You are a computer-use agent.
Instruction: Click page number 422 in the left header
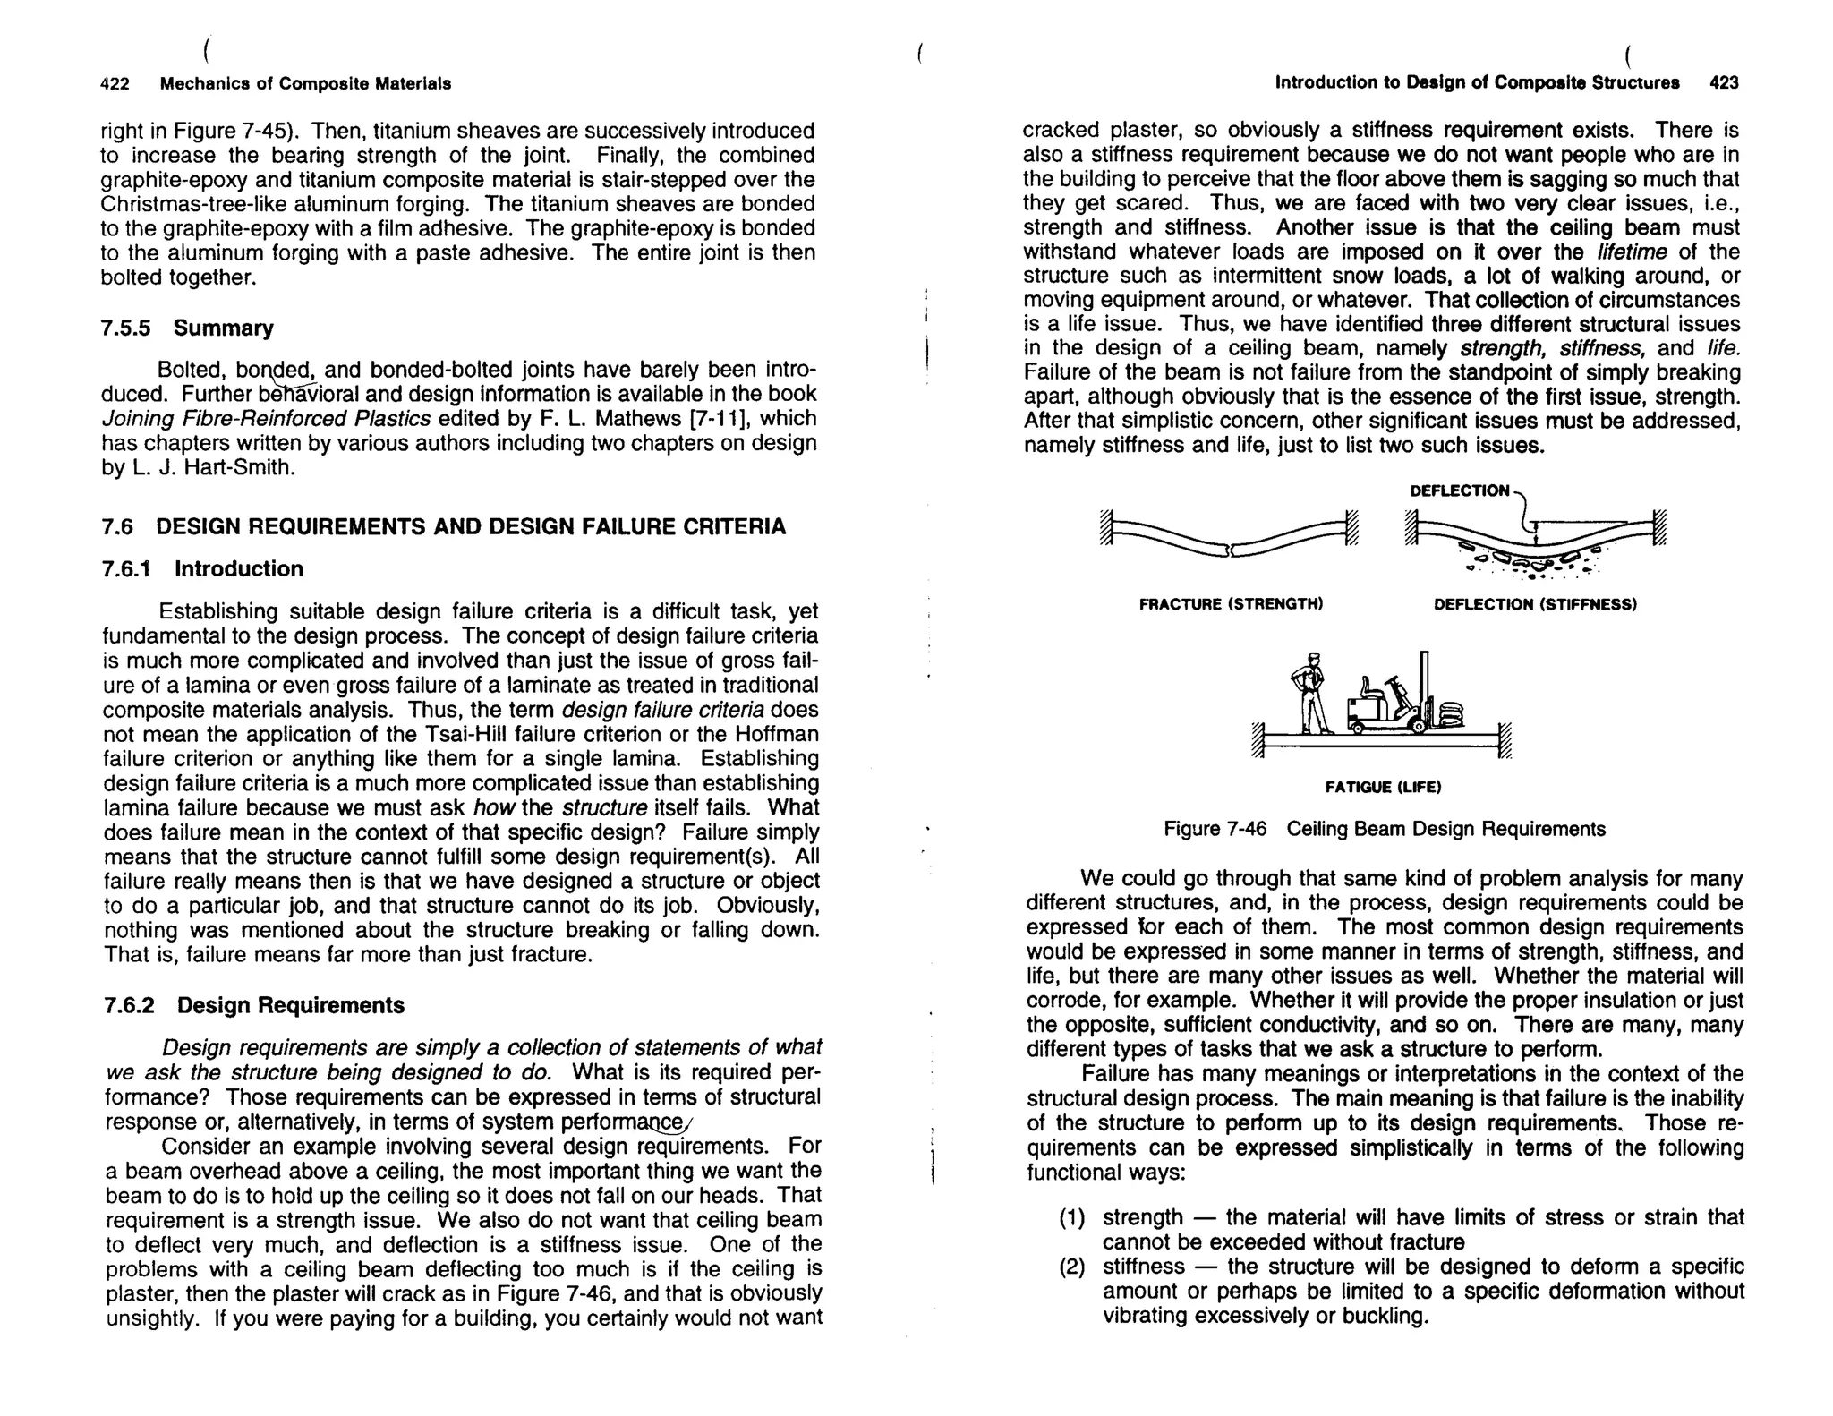115,84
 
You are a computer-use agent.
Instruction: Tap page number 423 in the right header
1724,83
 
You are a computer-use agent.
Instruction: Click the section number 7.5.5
125,328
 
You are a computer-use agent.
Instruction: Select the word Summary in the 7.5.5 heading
224,328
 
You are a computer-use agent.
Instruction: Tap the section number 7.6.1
126,569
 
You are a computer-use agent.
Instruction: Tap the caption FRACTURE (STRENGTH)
1231,604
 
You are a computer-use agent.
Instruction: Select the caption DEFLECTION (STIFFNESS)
1535,604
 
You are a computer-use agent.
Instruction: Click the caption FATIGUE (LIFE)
1383,788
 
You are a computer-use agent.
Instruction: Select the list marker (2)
1071,1267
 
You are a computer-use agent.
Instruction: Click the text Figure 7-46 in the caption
1215,829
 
